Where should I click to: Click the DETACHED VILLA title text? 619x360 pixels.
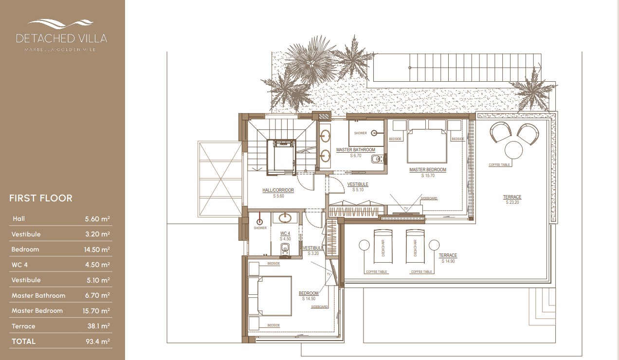point(61,38)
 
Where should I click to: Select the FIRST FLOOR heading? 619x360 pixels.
point(41,198)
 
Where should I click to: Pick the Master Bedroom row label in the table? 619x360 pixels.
point(37,311)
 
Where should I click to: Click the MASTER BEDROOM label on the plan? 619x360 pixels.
point(427,170)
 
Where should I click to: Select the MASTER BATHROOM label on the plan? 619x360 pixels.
point(355,150)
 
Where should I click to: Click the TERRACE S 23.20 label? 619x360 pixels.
point(512,199)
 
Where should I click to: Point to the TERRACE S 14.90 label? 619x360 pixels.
point(448,257)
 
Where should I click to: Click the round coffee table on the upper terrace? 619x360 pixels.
point(513,150)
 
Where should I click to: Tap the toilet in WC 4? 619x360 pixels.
point(286,250)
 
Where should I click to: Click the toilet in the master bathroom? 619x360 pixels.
point(376,159)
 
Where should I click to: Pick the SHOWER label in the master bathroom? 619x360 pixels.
point(360,133)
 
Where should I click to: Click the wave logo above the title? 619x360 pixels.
point(61,23)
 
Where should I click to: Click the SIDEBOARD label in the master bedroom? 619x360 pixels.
point(429,199)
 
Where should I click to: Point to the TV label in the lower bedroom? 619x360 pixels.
point(328,275)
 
